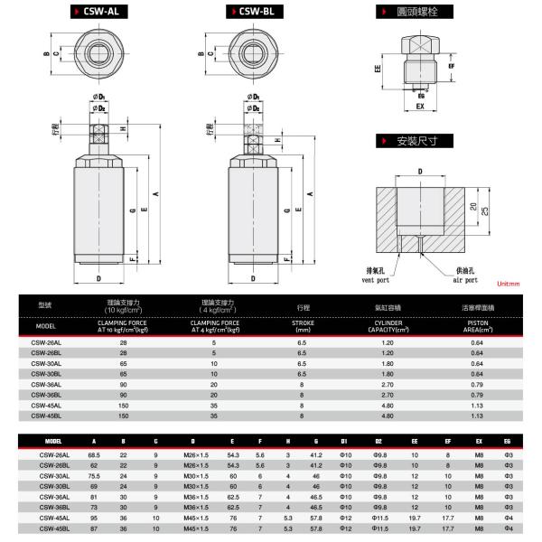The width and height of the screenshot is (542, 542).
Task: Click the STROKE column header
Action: click(x=303, y=325)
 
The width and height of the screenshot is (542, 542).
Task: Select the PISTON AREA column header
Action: click(x=480, y=325)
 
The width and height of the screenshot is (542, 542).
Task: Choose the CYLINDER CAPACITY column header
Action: click(x=389, y=325)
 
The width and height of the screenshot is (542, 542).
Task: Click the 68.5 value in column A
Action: click(x=94, y=454)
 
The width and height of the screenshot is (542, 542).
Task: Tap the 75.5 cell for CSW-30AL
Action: click(x=94, y=475)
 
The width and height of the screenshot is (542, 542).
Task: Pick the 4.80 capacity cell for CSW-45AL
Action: click(x=389, y=406)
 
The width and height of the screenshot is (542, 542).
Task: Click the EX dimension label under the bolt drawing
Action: click(x=420, y=106)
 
